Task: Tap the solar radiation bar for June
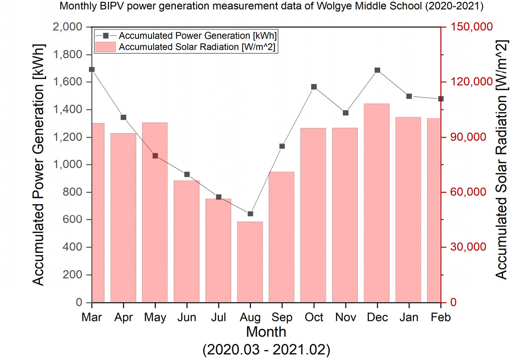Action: (187, 241)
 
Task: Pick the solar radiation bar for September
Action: (282, 237)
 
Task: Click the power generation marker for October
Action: (314, 87)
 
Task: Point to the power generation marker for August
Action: (250, 214)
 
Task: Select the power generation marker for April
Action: (123, 117)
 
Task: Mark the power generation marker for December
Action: (377, 70)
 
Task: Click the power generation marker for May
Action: (155, 156)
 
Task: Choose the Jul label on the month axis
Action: (218, 317)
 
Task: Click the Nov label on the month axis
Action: (345, 317)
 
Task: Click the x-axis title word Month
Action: (266, 332)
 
